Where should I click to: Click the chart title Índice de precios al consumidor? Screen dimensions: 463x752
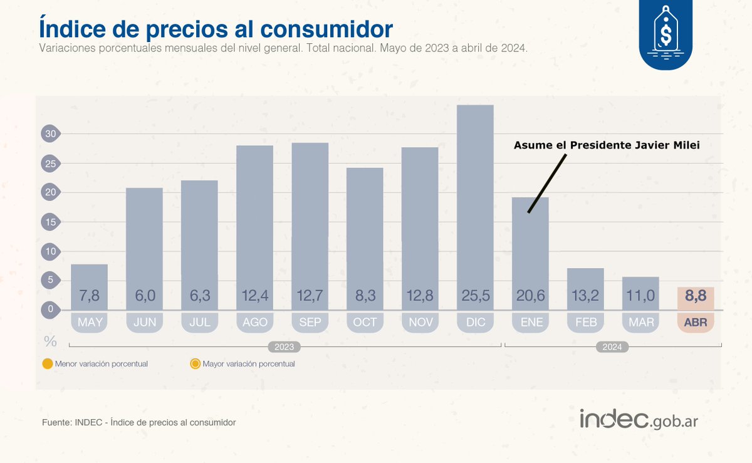(x=216, y=29)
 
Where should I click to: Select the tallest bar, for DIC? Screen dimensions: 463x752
(x=475, y=200)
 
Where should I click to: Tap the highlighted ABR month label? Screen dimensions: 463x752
(x=696, y=322)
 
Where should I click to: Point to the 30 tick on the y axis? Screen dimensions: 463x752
(x=50, y=133)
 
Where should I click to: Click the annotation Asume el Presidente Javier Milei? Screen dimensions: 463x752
(x=606, y=145)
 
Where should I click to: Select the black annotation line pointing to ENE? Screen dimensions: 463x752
(x=546, y=184)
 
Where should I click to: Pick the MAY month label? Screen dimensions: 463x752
(x=89, y=322)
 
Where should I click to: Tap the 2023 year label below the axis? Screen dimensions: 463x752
(x=285, y=346)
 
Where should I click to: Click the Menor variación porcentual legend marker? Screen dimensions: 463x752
(x=47, y=363)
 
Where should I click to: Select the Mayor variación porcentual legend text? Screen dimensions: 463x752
(x=248, y=363)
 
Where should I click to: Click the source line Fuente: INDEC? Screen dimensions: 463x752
(x=138, y=422)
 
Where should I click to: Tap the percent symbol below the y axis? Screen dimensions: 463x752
(x=50, y=342)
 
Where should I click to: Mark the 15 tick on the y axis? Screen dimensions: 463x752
(x=50, y=222)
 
